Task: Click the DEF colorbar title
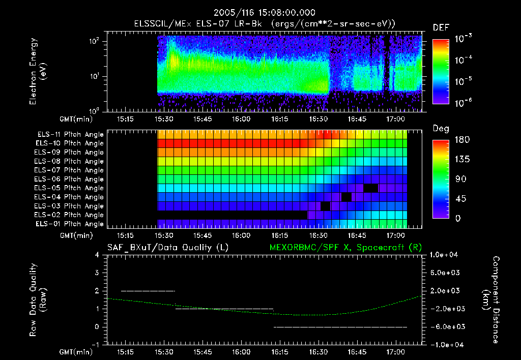441,28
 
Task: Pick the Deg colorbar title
441,129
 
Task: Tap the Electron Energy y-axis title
38,73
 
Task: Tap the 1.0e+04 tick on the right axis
445,255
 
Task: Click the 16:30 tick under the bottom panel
319,352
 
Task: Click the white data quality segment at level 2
148,291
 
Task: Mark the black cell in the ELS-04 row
347,197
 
